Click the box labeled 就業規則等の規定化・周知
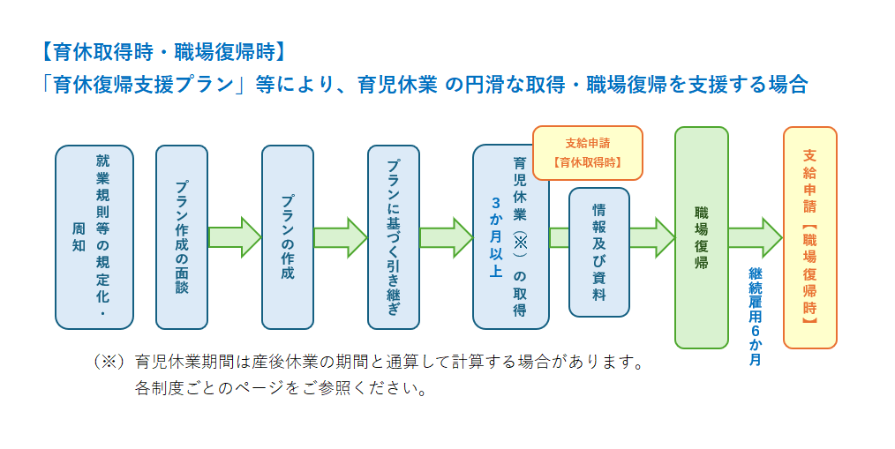(94, 236)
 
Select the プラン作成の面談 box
(181, 236)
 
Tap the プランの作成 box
(287, 236)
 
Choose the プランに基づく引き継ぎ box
(393, 236)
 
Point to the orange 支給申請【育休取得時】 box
(587, 152)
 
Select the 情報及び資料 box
(599, 251)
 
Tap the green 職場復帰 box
(701, 236)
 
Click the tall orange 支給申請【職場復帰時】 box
(809, 236)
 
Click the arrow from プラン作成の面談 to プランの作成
(234, 236)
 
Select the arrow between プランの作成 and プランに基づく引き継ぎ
(340, 236)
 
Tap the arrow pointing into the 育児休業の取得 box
(446, 236)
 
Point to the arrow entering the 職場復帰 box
(653, 236)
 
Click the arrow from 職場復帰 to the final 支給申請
(755, 236)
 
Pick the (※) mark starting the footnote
(109, 362)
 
